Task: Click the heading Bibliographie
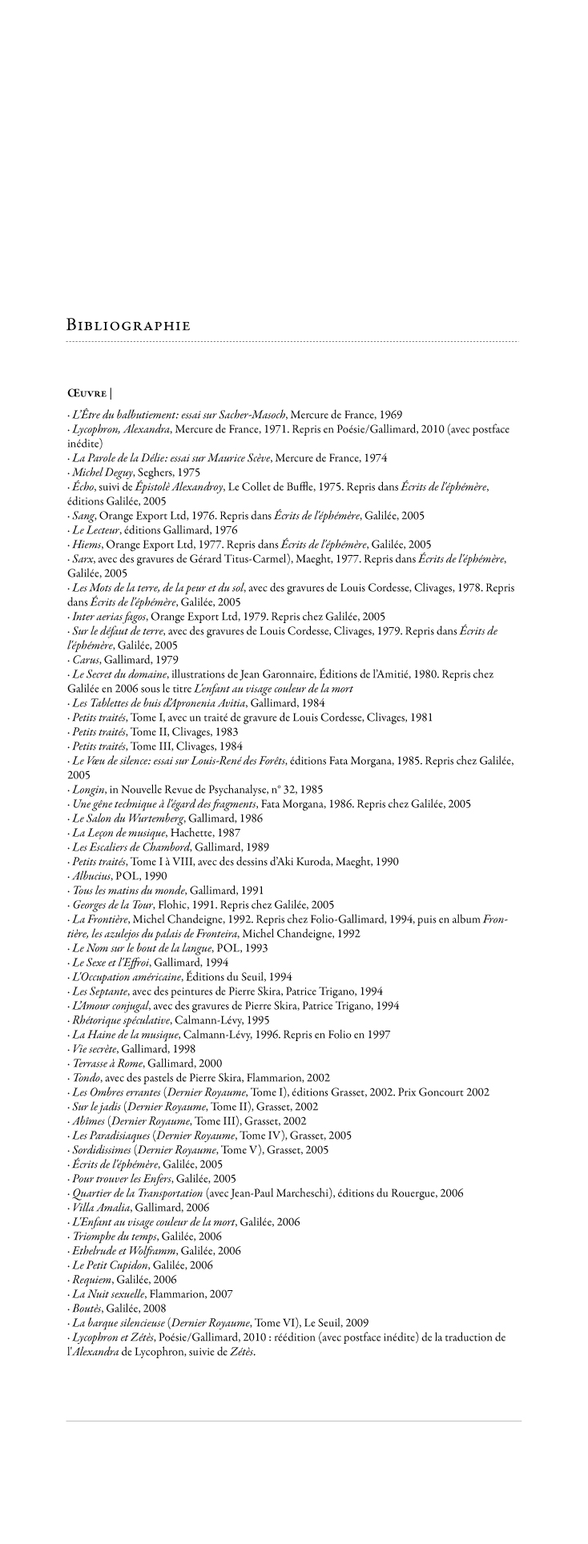tap(128, 326)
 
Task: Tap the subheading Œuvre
tap(87, 393)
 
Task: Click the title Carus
tap(84, 660)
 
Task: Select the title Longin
tap(87, 790)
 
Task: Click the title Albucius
tap(91, 876)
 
